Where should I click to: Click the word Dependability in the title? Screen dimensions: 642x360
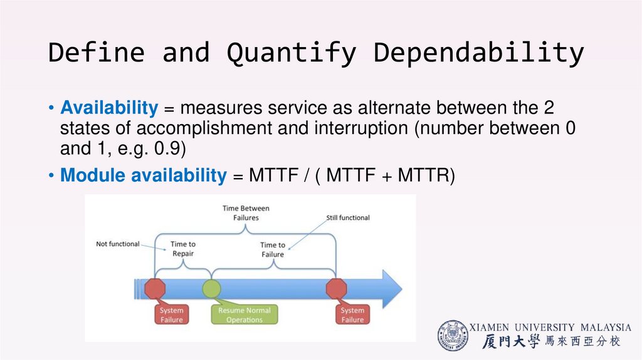click(479, 53)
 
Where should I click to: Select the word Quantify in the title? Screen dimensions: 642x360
click(292, 53)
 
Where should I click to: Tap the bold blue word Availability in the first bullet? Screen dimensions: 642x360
click(109, 108)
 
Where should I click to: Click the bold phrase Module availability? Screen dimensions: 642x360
click(143, 176)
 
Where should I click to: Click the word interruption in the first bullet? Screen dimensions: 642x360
click(366, 129)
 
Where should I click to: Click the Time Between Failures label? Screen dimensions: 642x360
click(246, 213)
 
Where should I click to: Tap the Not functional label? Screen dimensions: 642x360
click(118, 244)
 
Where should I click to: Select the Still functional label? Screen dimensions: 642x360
click(348, 218)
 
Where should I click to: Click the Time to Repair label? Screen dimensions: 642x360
click(182, 249)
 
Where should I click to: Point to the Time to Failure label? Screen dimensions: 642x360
click(273, 250)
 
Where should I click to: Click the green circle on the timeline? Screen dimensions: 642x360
click(211, 289)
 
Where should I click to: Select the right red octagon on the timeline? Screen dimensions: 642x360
click(337, 289)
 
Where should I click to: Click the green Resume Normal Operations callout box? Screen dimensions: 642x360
click(245, 315)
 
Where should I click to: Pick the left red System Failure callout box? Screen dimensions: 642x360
click(171, 315)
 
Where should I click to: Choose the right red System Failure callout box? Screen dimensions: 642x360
click(352, 315)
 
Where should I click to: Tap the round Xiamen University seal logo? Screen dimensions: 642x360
click(453, 336)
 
